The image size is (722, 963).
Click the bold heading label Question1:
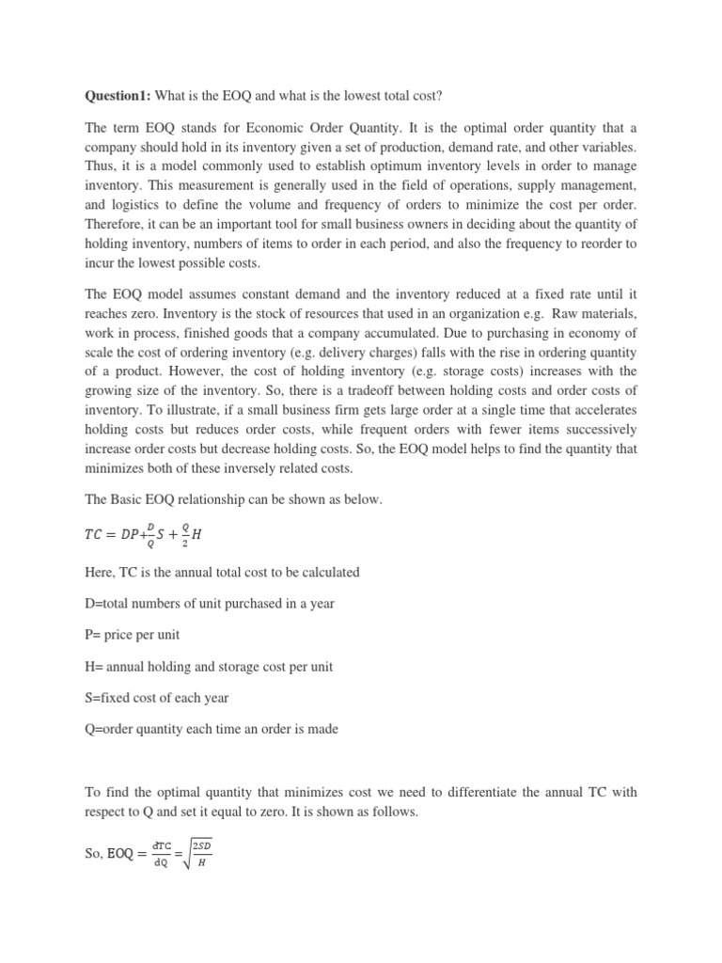pyautogui.click(x=118, y=97)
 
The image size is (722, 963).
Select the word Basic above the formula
pyautogui.click(x=133, y=499)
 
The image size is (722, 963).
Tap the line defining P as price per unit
pyautogui.click(x=132, y=635)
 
